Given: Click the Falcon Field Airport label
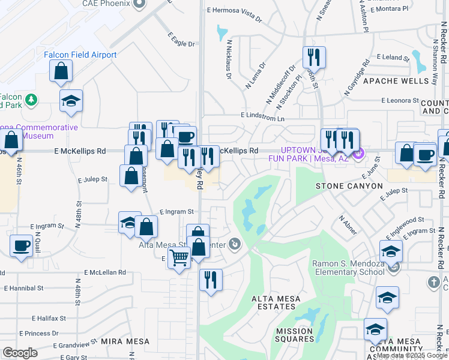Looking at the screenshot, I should [80, 55].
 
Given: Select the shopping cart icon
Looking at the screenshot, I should [179, 258].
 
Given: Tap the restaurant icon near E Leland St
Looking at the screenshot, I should [314, 58].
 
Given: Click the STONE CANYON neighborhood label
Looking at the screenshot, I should [349, 186].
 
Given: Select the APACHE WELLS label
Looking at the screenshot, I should [395, 81].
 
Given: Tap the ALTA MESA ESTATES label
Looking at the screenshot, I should [273, 307].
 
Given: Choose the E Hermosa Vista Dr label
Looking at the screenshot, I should [235, 14].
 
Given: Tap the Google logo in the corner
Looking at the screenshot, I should [20, 353].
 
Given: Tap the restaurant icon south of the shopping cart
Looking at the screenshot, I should [211, 280].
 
